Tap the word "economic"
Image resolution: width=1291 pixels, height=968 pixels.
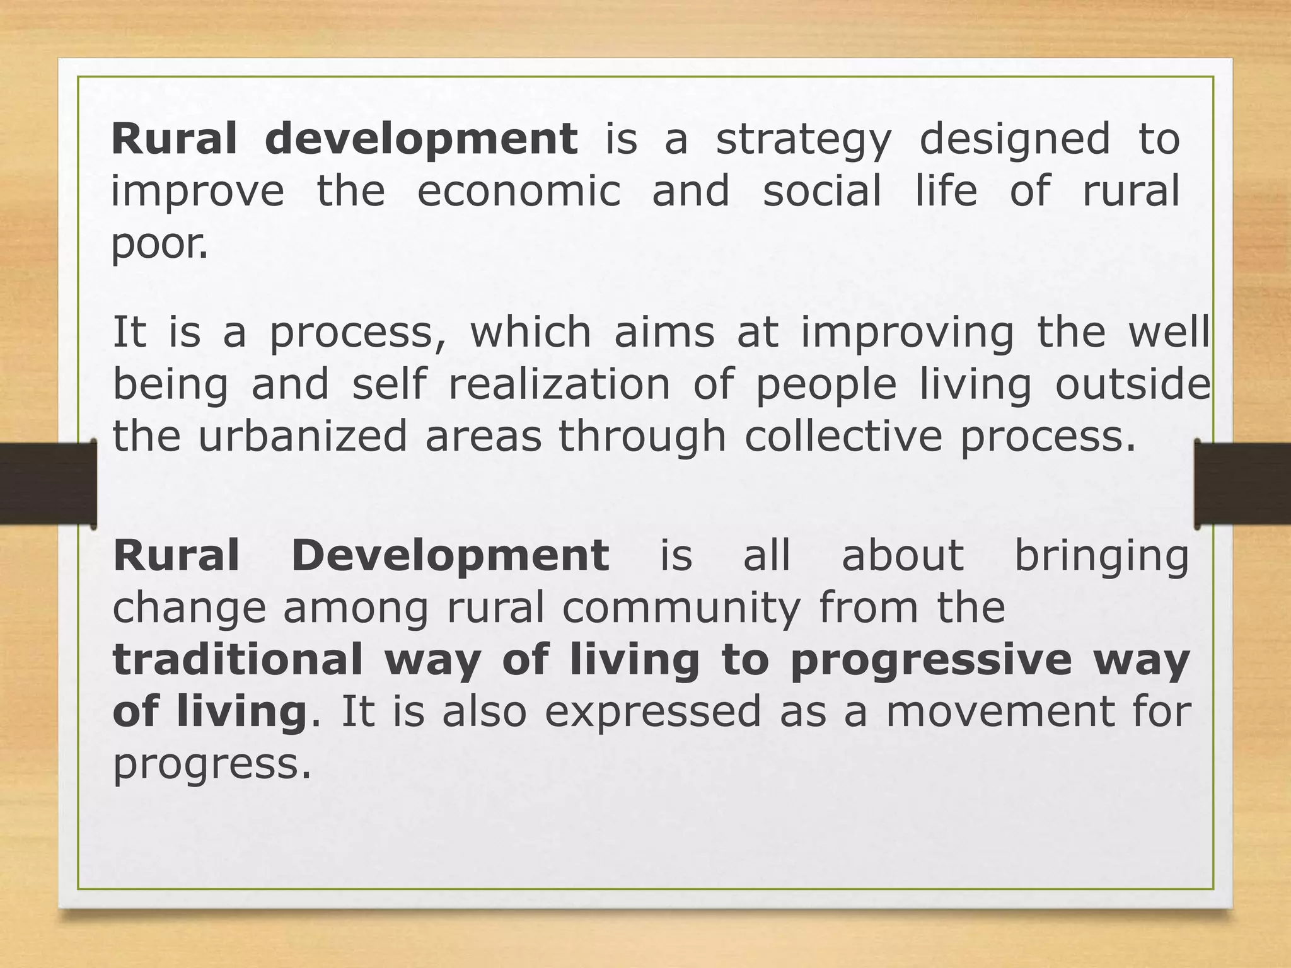(x=519, y=192)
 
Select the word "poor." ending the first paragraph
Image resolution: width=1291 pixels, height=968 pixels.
(x=159, y=245)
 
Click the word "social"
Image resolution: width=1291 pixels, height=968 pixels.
(x=822, y=192)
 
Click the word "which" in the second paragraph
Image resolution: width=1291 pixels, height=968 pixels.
(x=531, y=333)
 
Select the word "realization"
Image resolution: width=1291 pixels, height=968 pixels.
(x=559, y=385)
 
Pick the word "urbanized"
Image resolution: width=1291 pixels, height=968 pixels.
(x=303, y=437)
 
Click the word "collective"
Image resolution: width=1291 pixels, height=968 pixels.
(x=843, y=437)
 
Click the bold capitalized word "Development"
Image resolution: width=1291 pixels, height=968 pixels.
(x=450, y=556)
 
